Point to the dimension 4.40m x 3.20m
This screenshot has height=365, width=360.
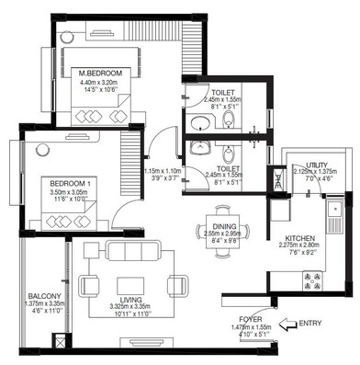click(98, 81)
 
